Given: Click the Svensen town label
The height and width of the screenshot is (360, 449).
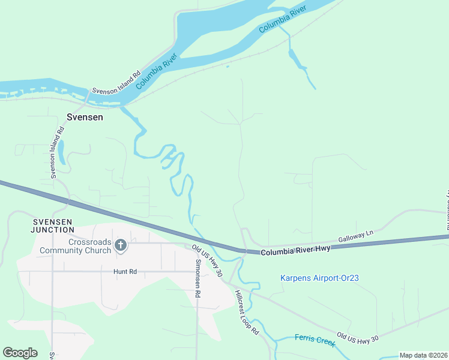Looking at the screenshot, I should (84, 118).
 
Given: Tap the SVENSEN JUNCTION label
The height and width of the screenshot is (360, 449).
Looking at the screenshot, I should (53, 226).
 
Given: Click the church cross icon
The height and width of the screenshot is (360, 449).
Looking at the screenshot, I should (121, 244).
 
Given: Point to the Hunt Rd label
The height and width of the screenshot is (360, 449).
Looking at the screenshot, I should (125, 272).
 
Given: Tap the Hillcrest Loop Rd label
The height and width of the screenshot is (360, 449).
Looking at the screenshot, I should (247, 313).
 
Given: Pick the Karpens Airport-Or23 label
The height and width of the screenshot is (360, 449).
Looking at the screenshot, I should (319, 278).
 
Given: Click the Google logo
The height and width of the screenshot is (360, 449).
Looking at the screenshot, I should (20, 353).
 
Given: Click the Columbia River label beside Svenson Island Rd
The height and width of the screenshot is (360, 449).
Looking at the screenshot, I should (157, 71).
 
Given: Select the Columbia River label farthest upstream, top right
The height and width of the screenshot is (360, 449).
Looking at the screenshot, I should (282, 20).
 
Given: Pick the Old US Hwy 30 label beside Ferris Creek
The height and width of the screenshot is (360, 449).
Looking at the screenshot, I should (357, 338).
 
